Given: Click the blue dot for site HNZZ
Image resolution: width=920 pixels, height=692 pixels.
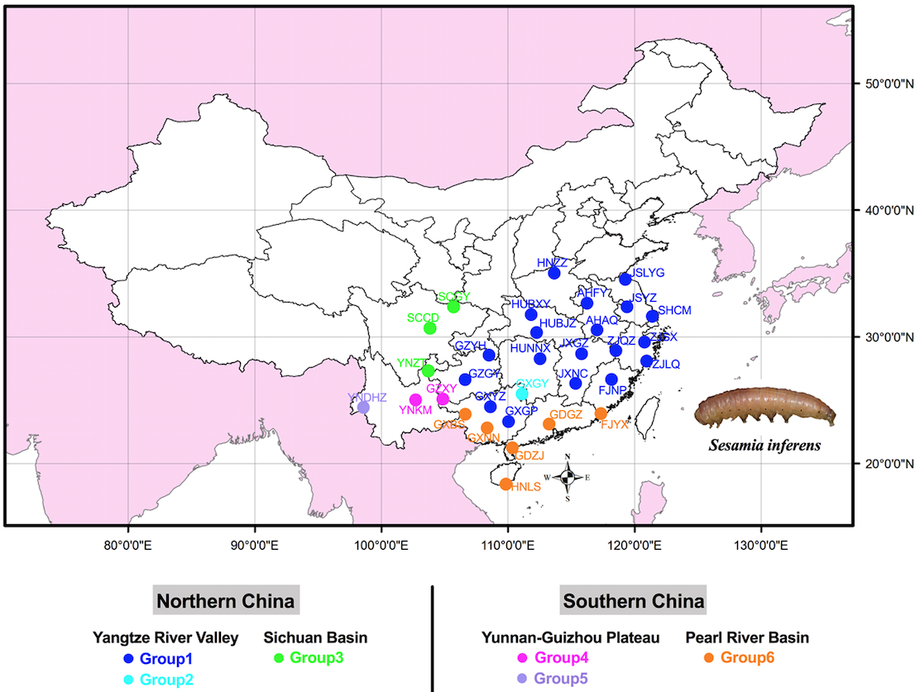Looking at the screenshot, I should click(554, 273).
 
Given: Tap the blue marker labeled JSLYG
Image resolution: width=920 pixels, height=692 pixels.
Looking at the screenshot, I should click(625, 279).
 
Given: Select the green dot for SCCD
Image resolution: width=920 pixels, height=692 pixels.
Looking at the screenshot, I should click(430, 328).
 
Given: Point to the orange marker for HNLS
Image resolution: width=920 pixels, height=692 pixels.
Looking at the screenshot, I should click(506, 484).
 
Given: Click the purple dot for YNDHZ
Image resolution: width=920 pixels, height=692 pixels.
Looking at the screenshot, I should click(363, 408).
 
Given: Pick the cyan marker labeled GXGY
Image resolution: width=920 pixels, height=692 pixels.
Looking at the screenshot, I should click(522, 394).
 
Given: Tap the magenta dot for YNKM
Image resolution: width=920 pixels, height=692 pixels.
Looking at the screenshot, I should click(415, 400).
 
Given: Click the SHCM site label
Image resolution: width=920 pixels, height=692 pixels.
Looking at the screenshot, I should click(674, 311).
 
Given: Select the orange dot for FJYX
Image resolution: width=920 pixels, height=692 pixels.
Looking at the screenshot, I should click(601, 413).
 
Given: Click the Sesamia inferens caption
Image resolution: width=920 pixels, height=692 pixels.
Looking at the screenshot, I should click(764, 446).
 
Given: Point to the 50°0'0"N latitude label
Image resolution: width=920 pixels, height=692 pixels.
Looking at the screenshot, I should click(885, 84).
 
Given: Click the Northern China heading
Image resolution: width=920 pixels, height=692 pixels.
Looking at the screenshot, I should click(226, 601).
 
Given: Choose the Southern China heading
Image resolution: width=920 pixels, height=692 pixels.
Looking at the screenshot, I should click(634, 601).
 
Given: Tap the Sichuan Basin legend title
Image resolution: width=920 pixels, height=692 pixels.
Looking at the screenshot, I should click(315, 637).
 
